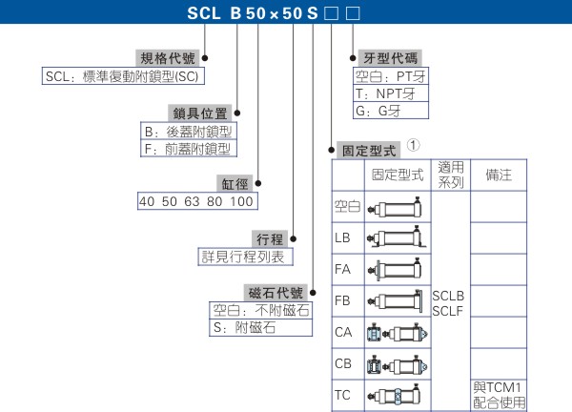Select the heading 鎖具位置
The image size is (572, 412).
(199, 113)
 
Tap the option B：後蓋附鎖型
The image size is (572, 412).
(188, 131)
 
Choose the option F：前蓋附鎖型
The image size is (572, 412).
(188, 149)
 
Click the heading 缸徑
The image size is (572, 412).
(237, 183)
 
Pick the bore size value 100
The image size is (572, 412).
(243, 202)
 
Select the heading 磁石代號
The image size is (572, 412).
(276, 293)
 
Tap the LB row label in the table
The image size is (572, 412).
(343, 237)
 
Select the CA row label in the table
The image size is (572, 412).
(344, 332)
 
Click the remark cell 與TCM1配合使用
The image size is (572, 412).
(499, 394)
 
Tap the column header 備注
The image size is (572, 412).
(499, 175)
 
